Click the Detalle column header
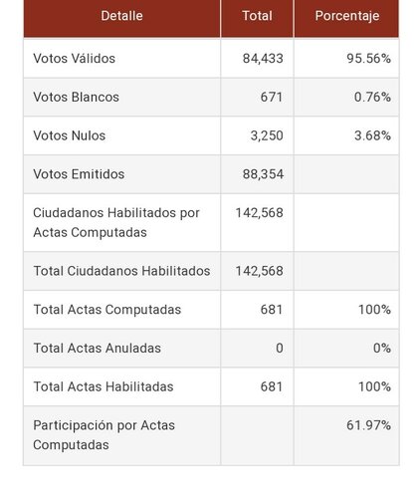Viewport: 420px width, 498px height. [121, 16]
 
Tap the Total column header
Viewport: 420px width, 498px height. [257, 16]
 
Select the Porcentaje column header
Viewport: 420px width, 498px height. [347, 16]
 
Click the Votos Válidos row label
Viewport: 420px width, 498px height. [74, 58]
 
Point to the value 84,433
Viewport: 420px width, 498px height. [263, 59]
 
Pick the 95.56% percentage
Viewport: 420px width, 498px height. [368, 59]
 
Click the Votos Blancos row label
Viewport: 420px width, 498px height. [76, 97]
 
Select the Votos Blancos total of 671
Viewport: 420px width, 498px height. [272, 97]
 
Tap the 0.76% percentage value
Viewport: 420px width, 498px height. [372, 97]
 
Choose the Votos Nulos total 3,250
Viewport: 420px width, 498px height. [267, 135]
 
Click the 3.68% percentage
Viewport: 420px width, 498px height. [372, 135]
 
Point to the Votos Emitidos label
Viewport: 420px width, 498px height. [79, 174]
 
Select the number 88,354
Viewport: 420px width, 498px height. [263, 174]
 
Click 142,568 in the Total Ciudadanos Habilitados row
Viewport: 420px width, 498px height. [259, 271]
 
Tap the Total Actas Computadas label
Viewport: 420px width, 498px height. [107, 310]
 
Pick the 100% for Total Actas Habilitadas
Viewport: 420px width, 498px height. [374, 386]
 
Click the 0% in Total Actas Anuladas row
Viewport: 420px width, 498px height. [382, 348]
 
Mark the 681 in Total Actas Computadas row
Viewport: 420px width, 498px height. [272, 310]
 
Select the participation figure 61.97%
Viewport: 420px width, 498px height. [368, 425]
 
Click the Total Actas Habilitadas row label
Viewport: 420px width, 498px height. [104, 386]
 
